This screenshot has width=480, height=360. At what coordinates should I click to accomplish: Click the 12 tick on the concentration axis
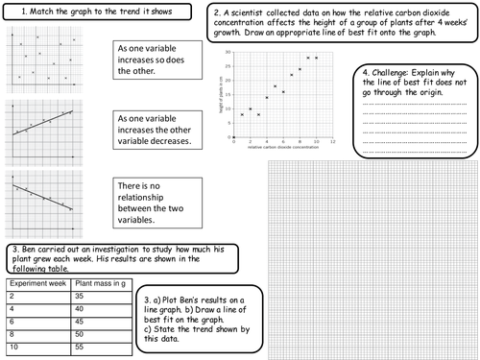click(332, 140)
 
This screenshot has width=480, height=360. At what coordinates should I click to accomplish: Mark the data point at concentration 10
click(316, 58)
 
